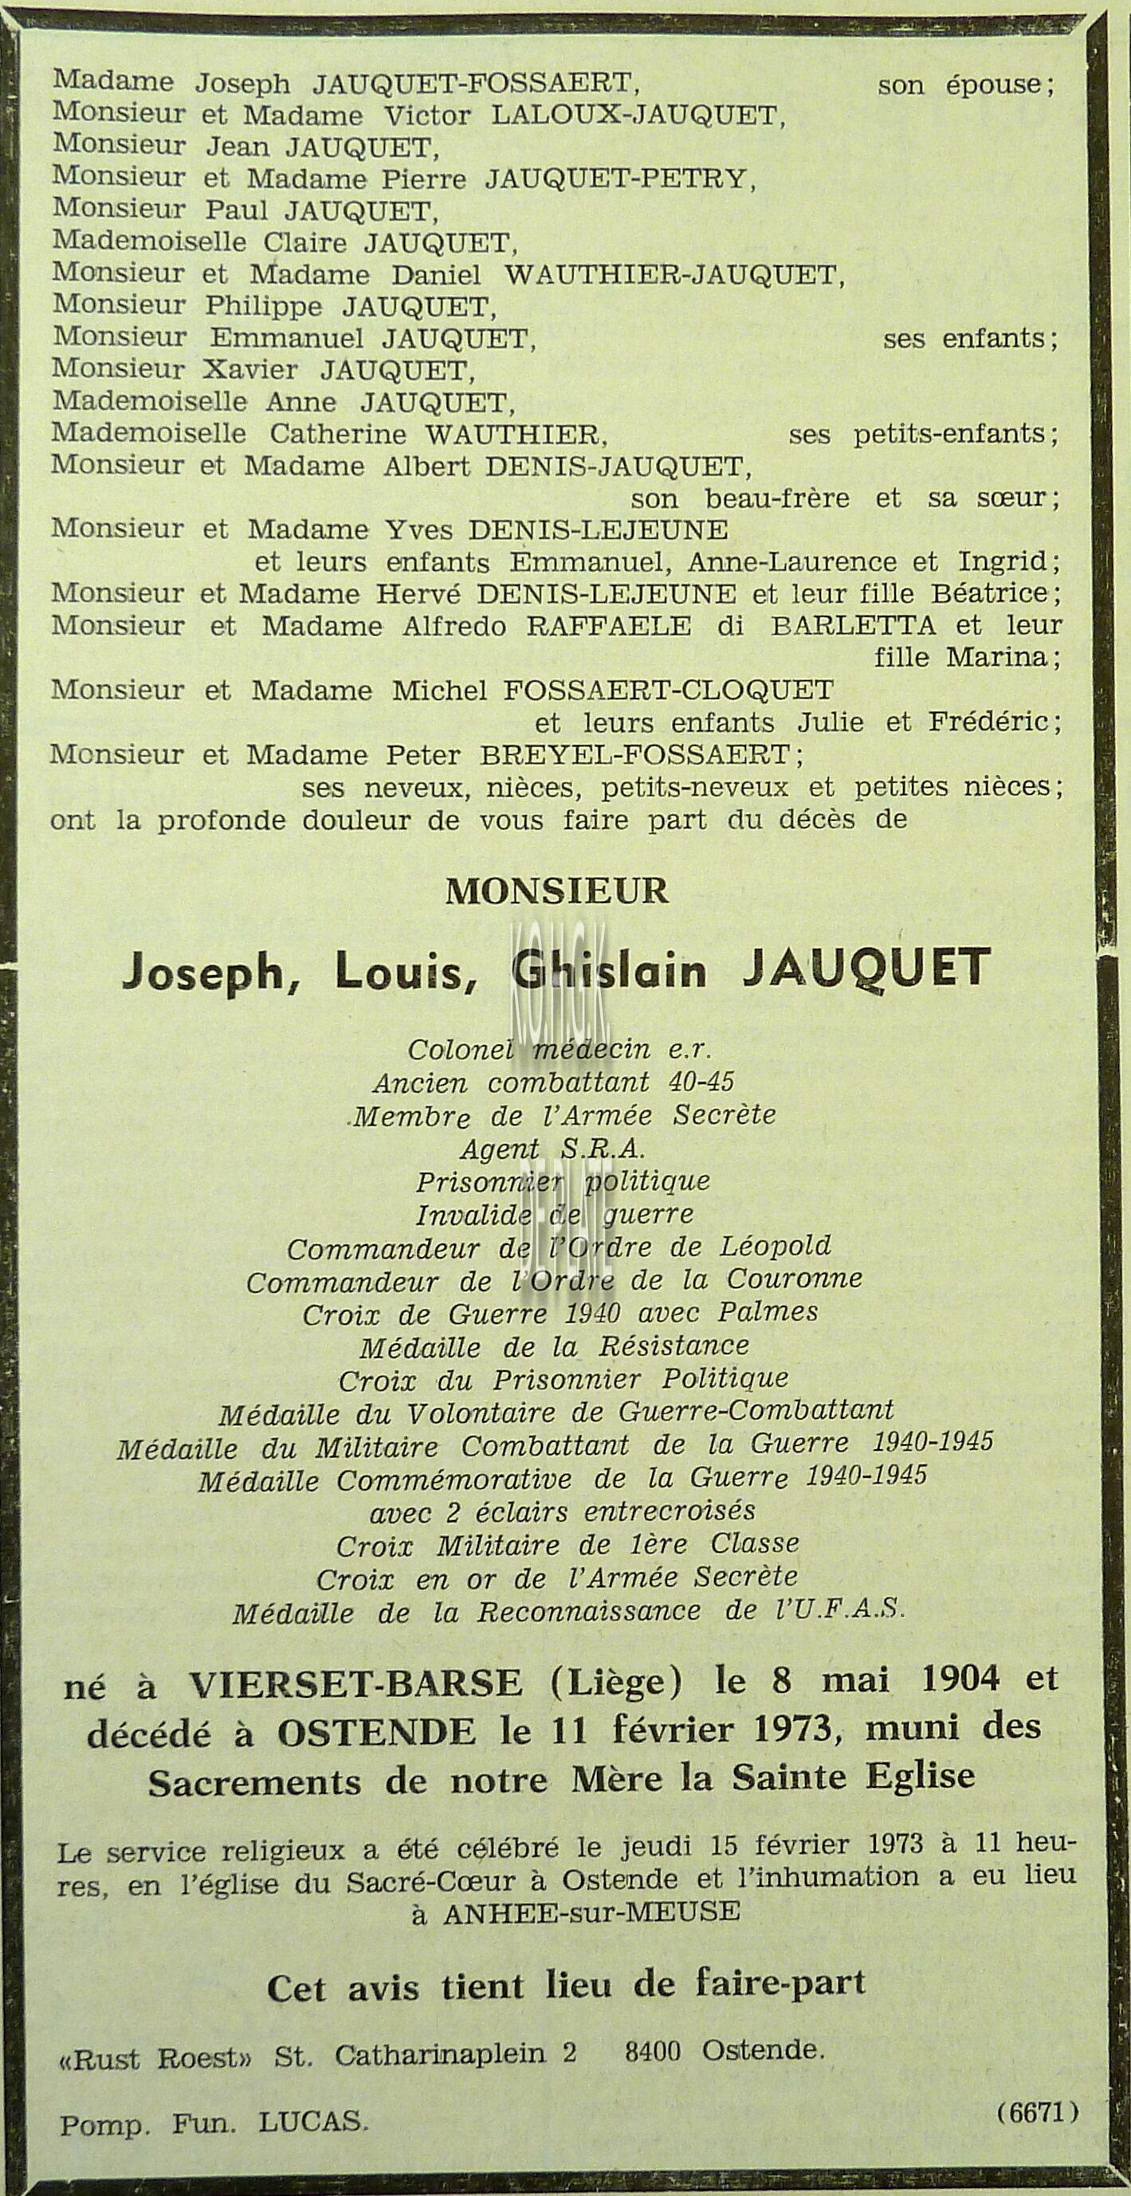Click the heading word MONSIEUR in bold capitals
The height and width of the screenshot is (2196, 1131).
tap(556, 892)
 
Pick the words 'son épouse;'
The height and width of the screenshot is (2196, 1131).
tap(966, 85)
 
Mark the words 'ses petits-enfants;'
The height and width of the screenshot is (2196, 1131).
tap(923, 434)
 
